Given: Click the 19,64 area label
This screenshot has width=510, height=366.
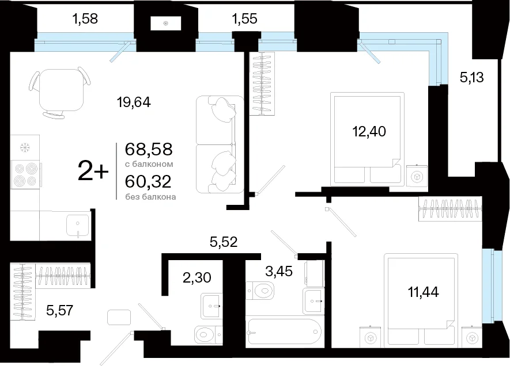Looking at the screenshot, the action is [134, 102].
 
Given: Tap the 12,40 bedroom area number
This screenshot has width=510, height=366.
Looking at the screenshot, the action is [369, 132].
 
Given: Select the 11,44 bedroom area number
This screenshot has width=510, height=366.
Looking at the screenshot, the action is [424, 292].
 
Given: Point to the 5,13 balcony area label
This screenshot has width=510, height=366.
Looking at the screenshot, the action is [471, 78].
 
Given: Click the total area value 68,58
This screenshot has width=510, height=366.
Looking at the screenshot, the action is [149, 150].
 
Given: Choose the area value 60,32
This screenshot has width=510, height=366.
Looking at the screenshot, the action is [148, 181].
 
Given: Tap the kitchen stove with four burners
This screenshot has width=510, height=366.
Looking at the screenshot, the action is [25, 175].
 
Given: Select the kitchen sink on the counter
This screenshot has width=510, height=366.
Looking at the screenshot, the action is [77, 226].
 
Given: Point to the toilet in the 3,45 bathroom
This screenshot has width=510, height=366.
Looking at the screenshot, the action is [260, 289].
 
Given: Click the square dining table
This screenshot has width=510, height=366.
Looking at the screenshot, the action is [62, 90].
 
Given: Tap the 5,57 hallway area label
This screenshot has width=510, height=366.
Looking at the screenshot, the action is [59, 311].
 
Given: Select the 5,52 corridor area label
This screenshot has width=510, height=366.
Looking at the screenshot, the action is [224, 242].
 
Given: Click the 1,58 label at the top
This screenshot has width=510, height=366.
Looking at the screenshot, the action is [85, 19].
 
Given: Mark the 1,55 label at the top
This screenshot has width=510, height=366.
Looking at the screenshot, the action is [244, 19].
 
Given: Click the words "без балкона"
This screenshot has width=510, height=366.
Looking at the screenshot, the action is [150, 197].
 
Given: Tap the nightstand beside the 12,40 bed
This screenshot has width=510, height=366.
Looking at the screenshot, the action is [417, 176].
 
